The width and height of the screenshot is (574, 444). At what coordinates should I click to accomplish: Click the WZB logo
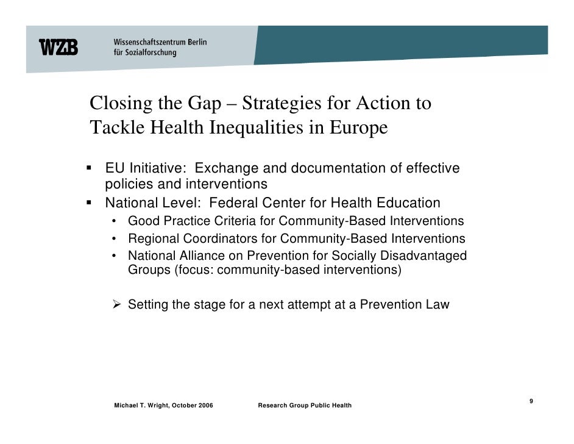[58, 47]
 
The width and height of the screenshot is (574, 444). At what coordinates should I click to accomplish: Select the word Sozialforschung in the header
[151, 53]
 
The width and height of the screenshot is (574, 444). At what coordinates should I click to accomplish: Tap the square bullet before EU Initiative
[90, 167]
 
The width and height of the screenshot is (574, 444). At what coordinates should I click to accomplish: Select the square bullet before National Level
[90, 202]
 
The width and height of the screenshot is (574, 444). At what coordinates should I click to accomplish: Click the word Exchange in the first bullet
[223, 168]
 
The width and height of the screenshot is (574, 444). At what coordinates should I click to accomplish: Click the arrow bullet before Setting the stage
[118, 304]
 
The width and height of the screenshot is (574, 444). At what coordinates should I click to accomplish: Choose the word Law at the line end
[438, 304]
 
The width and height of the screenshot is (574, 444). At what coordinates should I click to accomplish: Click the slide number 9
[531, 401]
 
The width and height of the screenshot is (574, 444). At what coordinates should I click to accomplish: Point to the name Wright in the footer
[155, 406]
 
